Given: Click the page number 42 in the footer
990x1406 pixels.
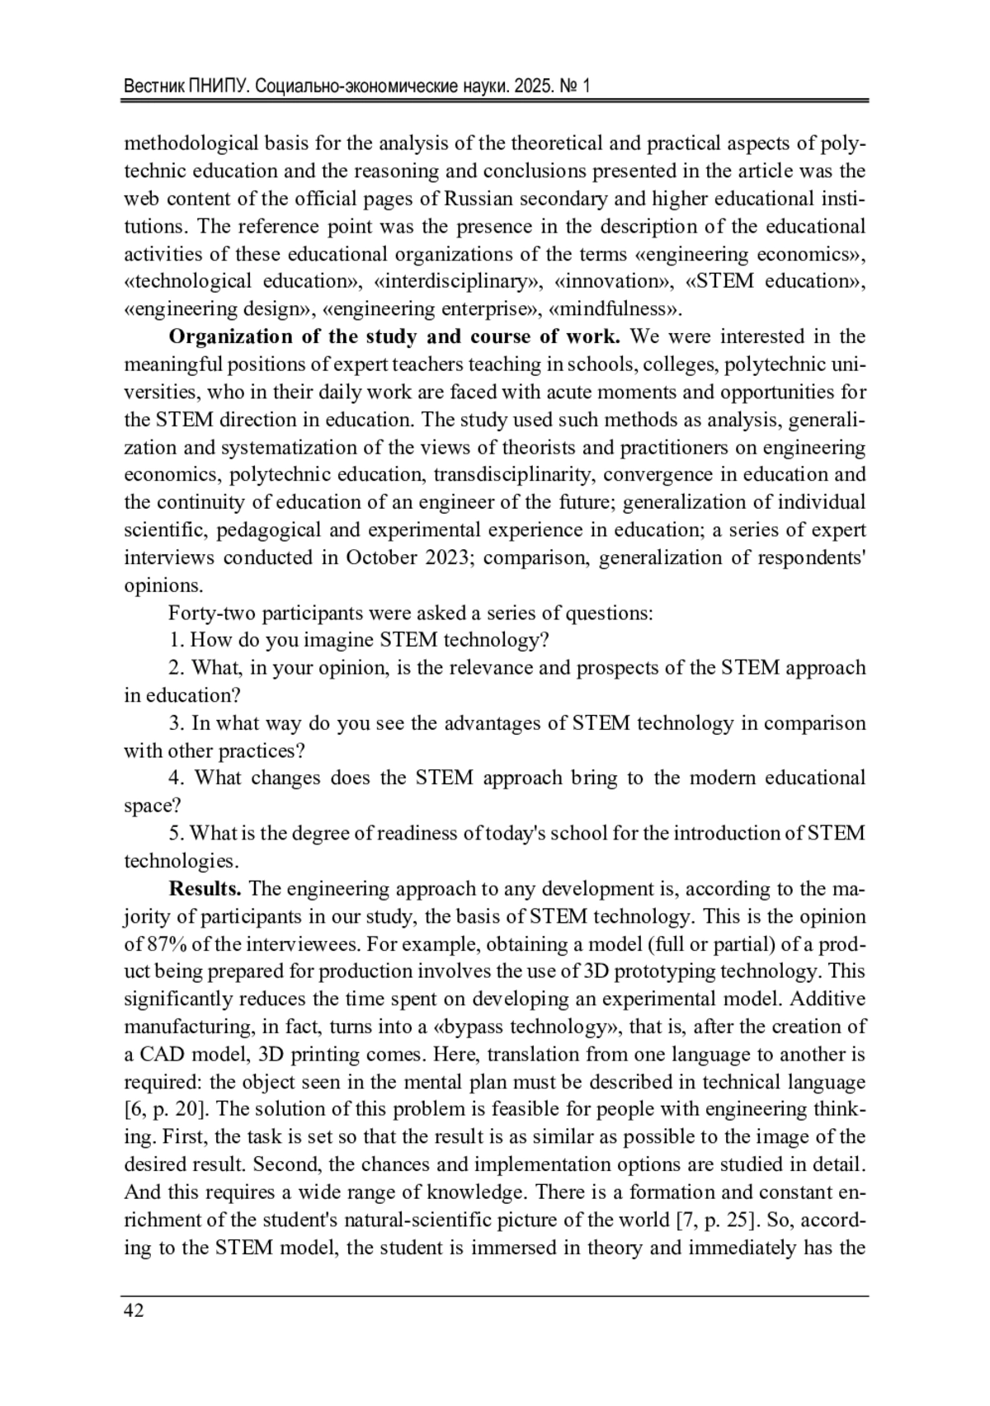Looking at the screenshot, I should pyautogui.click(x=134, y=1311).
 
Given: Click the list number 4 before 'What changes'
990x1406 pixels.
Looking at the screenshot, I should pyautogui.click(x=176, y=778).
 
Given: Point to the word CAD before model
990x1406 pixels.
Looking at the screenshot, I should pyautogui.click(x=162, y=1055).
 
